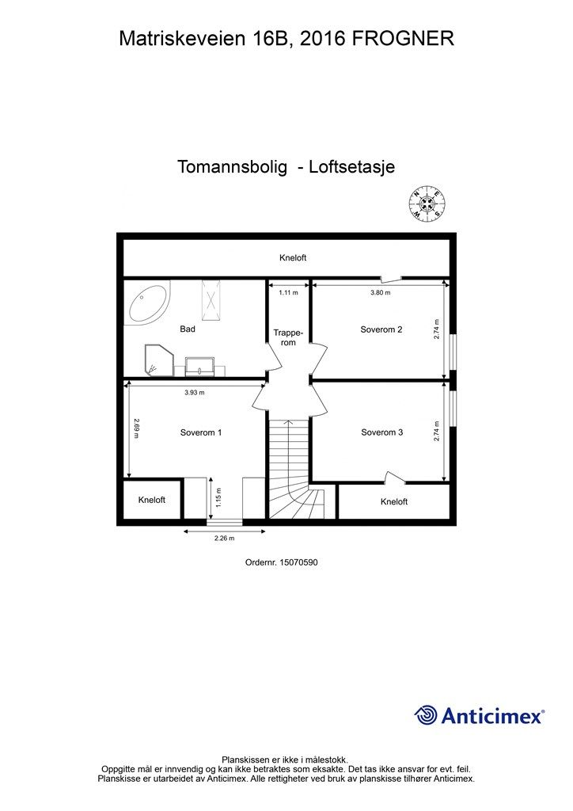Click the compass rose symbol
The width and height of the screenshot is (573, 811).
[x=427, y=205]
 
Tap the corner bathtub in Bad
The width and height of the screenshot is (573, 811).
[x=147, y=303]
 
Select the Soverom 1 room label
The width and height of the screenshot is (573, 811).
[x=201, y=432]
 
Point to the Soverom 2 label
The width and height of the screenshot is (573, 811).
[x=381, y=329]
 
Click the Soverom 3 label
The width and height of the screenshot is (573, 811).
[x=382, y=432]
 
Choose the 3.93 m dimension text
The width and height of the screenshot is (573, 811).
[x=195, y=392]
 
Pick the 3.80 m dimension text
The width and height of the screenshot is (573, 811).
[x=381, y=292]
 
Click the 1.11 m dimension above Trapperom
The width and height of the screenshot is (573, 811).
[x=288, y=292]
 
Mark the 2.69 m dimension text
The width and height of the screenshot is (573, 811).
[x=136, y=432]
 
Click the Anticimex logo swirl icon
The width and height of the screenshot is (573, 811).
[x=426, y=715]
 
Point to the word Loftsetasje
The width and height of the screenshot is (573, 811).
[x=351, y=168]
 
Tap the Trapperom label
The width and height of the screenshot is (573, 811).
[x=289, y=337]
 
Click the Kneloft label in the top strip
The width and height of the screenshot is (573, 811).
[x=293, y=258]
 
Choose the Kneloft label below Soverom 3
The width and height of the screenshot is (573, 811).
[x=393, y=502]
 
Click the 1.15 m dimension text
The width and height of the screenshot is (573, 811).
[x=218, y=497]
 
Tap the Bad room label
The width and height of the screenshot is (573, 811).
[x=188, y=329]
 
